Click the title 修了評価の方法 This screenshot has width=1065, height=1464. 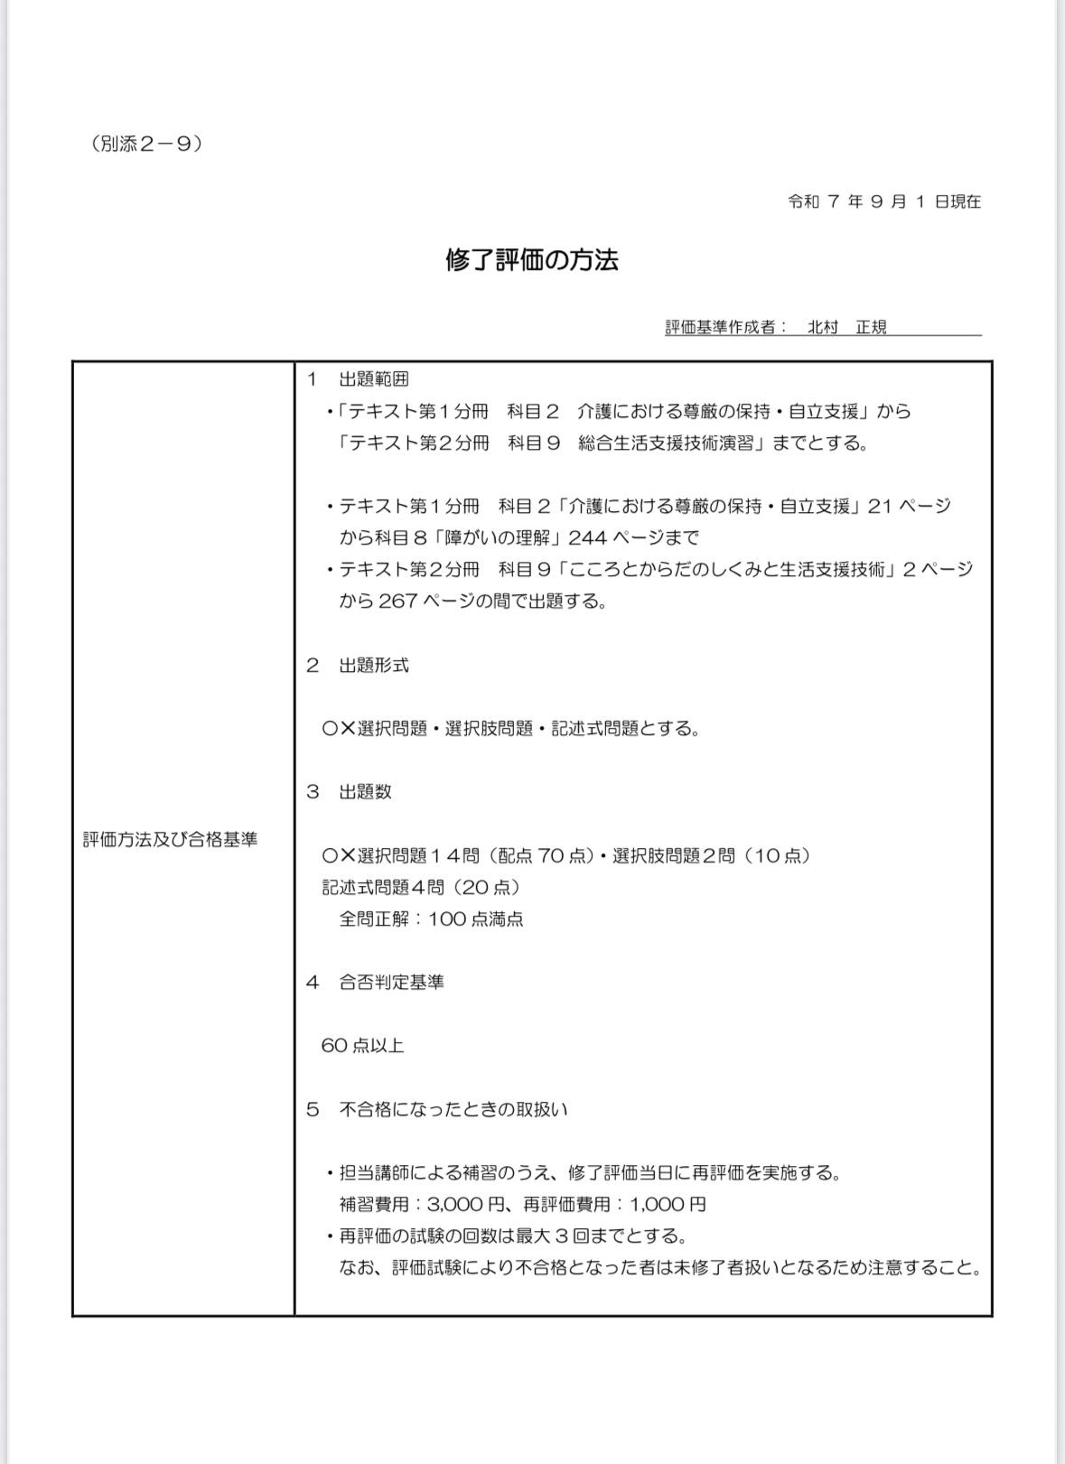click(532, 261)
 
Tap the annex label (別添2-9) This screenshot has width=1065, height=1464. click(146, 144)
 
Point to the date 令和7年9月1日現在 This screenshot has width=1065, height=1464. click(884, 201)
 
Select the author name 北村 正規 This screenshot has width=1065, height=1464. click(846, 327)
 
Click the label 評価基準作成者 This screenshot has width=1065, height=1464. click(721, 327)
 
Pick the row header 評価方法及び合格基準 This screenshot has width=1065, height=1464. click(171, 840)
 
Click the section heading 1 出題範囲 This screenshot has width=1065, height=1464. click(359, 379)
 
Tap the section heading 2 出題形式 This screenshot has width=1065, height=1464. click(359, 666)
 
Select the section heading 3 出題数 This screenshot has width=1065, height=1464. click(350, 792)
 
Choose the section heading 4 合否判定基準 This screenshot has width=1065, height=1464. click(376, 983)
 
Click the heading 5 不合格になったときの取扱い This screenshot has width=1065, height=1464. click(437, 1109)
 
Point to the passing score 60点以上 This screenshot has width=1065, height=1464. click(363, 1046)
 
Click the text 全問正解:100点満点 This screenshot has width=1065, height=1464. click(431, 919)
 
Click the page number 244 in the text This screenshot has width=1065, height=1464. click(587, 538)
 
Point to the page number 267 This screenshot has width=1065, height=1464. click(397, 601)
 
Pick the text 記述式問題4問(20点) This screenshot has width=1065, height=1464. click(421, 888)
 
